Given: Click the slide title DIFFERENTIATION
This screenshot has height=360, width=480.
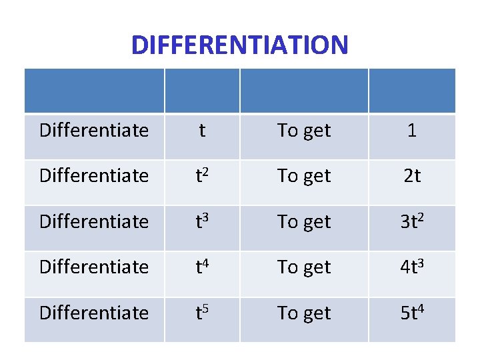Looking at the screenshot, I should pyautogui.click(x=239, y=45).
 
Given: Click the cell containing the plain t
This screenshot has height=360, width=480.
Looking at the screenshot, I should pyautogui.click(x=202, y=131).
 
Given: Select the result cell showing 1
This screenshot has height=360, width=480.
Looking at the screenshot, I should pyautogui.click(x=411, y=131).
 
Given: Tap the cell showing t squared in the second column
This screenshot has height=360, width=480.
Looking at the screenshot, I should pyautogui.click(x=202, y=176).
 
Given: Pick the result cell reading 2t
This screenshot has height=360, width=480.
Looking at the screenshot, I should pyautogui.click(x=411, y=176).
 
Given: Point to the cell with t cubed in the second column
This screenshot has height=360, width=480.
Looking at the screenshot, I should pyautogui.click(x=202, y=221).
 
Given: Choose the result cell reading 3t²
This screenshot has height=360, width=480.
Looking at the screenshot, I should pyautogui.click(x=411, y=221).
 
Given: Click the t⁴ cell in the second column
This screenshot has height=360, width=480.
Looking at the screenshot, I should pyautogui.click(x=202, y=267).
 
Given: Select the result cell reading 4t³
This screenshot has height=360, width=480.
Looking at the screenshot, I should pyautogui.click(x=411, y=267).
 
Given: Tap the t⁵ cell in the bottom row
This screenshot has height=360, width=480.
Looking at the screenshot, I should pyautogui.click(x=202, y=313).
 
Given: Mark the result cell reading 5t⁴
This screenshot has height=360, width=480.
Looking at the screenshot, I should pyautogui.click(x=411, y=313).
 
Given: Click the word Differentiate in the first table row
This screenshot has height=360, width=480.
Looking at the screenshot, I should pyautogui.click(x=94, y=131).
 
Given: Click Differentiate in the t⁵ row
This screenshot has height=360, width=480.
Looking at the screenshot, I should pyautogui.click(x=94, y=313).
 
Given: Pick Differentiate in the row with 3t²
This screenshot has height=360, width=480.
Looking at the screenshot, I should pyautogui.click(x=94, y=221).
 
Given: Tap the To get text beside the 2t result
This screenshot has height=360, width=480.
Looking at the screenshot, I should pyautogui.click(x=304, y=176).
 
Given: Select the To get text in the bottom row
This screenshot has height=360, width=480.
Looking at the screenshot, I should pyautogui.click(x=304, y=313).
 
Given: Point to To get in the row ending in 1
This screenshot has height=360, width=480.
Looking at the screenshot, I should pyautogui.click(x=304, y=131).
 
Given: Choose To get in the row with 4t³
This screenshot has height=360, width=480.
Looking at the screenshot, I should pyautogui.click(x=304, y=267).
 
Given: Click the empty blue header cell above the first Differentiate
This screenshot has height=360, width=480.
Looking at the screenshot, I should pyautogui.click(x=94, y=91).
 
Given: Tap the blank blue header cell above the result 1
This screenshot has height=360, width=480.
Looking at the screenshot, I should pyautogui.click(x=411, y=91).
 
